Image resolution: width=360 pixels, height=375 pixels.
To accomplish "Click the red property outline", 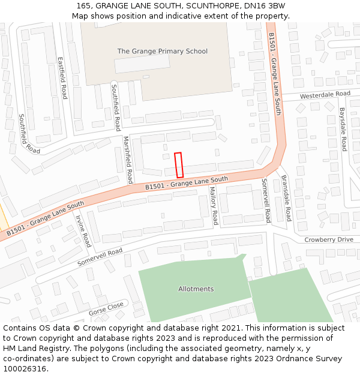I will pos(178,165).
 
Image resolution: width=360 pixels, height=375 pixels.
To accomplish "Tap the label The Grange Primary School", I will pos(162,52).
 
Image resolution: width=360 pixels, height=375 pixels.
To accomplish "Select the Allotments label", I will pos(196,289).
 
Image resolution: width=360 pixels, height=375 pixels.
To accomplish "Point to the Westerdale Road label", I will pos(325,95).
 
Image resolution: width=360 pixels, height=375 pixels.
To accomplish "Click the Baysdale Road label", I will pos(343,128).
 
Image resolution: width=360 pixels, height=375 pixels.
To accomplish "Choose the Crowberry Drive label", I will pos(328,239).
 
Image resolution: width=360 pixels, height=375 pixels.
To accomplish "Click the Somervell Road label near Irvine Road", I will pos(100,257).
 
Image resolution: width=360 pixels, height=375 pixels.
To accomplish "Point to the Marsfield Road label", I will pos(128,160).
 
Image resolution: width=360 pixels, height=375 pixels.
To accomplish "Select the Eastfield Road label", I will pos(61,78).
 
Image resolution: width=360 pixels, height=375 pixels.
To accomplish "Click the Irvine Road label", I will pos(83,231).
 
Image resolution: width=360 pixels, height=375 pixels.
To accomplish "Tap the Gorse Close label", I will pos(106,309).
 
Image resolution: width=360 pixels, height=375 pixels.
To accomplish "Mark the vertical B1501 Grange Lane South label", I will pos(275,64).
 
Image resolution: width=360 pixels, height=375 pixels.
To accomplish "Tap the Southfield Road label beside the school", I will pos(116,107).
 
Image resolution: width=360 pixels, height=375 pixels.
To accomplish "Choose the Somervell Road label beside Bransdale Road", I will pos(266,200).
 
